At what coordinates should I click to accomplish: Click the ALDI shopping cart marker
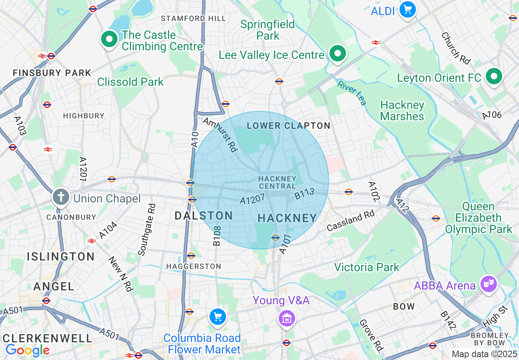(407, 10)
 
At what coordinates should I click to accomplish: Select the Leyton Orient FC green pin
(494, 76)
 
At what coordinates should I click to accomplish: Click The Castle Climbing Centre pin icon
(109, 40)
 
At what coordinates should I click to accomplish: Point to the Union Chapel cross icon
(61, 197)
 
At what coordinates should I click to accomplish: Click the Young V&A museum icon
(287, 318)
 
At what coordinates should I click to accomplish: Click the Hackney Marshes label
(402, 111)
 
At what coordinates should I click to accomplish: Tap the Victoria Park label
(366, 268)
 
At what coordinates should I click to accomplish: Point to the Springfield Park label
(267, 30)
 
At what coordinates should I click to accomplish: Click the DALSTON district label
(203, 216)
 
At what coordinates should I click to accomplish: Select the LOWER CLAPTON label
(288, 126)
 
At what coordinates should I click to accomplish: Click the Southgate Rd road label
(147, 229)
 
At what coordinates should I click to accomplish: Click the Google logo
(27, 350)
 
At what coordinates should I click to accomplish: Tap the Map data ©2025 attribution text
(484, 354)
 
